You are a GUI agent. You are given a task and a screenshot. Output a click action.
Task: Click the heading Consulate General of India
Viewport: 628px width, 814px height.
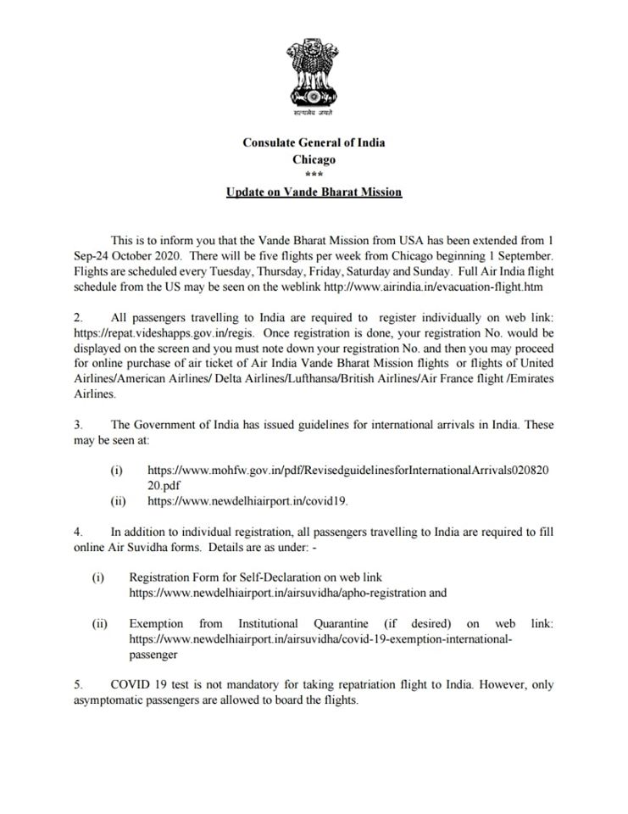(x=314, y=142)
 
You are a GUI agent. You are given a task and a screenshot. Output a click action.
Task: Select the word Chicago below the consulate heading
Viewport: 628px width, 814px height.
(x=314, y=159)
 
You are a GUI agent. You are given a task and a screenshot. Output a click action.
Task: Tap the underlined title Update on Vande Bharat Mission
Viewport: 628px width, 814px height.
(x=314, y=192)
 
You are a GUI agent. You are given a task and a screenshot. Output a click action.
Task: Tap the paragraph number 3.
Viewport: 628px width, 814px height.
(x=77, y=425)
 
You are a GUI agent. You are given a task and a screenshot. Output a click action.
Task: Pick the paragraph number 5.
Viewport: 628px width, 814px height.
(x=77, y=683)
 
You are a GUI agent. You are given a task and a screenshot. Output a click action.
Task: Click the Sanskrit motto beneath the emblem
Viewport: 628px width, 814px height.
(x=314, y=113)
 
